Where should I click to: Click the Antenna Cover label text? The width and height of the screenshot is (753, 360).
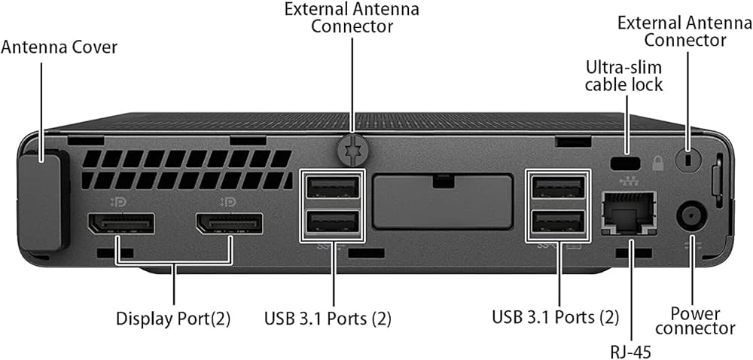click(x=59, y=47)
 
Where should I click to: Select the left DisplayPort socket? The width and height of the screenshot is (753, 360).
click(x=121, y=223)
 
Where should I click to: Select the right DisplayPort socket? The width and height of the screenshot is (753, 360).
click(x=229, y=223)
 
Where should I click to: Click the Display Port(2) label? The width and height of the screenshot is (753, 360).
click(x=173, y=319)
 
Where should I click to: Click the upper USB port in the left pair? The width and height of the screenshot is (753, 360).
click(x=332, y=187)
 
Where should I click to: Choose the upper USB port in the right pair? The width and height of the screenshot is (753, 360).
click(x=559, y=187)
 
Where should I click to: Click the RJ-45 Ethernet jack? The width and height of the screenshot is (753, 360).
click(x=629, y=212)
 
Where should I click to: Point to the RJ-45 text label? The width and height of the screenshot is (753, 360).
click(x=632, y=352)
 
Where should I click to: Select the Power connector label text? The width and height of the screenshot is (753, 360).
click(x=695, y=321)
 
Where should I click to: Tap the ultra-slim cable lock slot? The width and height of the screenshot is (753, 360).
click(x=625, y=163)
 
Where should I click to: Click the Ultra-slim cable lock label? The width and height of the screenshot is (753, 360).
click(x=623, y=76)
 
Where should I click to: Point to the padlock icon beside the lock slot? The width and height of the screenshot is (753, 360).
click(x=657, y=163)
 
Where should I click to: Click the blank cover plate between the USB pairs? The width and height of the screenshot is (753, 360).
click(x=442, y=201)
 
